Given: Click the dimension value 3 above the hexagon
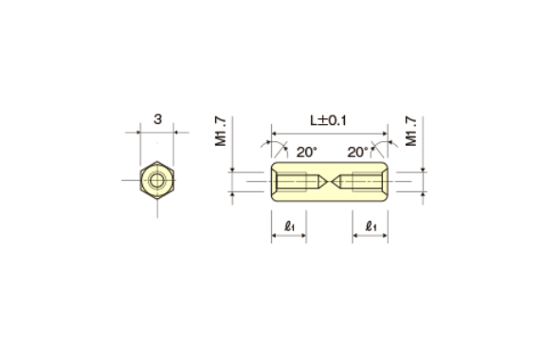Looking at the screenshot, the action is [x=157, y=119].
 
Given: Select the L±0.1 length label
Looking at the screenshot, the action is [x=328, y=121].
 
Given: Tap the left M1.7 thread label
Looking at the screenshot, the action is [x=221, y=132].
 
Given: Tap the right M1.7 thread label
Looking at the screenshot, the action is [x=410, y=132].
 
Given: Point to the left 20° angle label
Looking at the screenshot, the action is [x=307, y=153].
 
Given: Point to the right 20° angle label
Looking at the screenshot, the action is [x=357, y=153].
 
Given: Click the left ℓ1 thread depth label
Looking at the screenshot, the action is [x=289, y=226].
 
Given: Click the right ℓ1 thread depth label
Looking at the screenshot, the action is [x=372, y=226].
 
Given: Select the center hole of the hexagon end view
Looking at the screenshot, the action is [x=157, y=180].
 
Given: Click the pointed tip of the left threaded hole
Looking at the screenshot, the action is [x=327, y=181].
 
